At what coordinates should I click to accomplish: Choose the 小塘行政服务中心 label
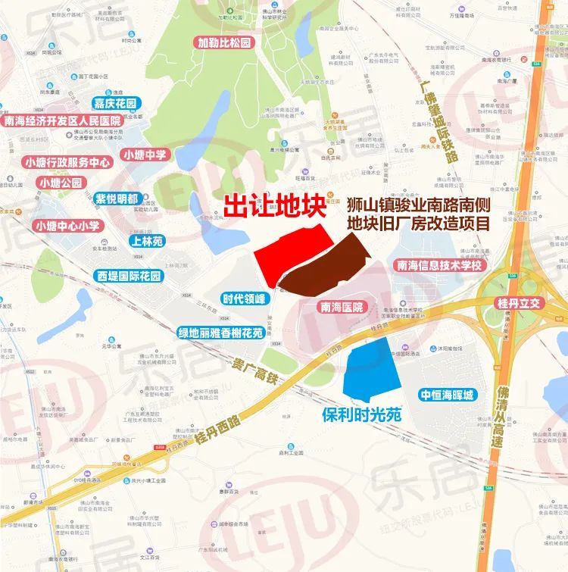[x=68, y=162]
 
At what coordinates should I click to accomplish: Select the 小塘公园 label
[x=61, y=183]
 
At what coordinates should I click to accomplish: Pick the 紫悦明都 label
[x=117, y=199]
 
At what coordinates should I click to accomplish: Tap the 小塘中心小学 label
[x=67, y=226]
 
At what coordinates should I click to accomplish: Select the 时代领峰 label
[x=244, y=299]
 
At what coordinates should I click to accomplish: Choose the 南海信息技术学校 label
[x=438, y=265]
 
